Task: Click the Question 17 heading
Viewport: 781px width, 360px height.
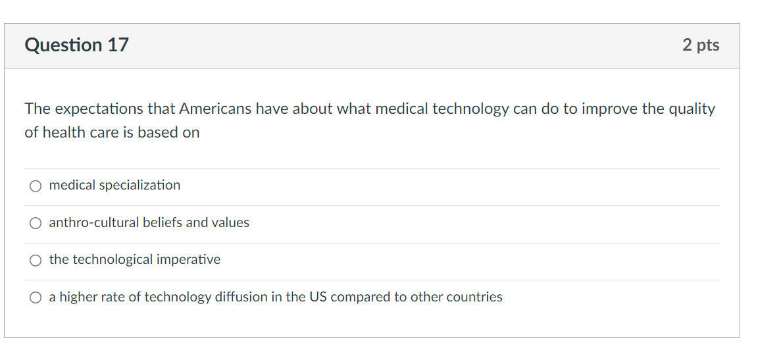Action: [x=76, y=45]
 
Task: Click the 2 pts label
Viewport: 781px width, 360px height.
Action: [x=701, y=45]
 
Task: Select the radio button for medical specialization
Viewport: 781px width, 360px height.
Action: [x=36, y=186]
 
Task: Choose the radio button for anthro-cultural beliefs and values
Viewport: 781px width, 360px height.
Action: [x=36, y=224]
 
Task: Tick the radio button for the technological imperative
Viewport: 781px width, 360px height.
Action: [x=36, y=261]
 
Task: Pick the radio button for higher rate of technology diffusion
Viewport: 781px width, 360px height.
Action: [x=36, y=298]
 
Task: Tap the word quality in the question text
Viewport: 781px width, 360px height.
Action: [x=692, y=109]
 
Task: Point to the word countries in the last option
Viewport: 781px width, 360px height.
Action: [x=474, y=297]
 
